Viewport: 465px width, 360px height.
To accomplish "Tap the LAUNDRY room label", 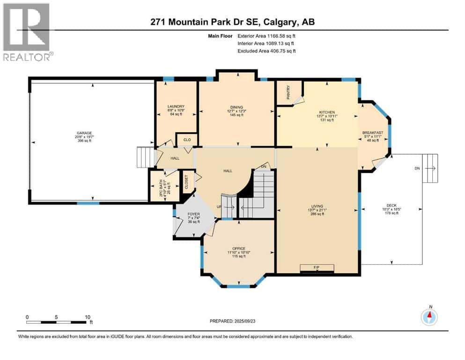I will click(176, 106).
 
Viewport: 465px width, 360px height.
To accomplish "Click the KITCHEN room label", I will click(327, 112).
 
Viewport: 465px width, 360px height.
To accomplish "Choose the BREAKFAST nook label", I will click(373, 133).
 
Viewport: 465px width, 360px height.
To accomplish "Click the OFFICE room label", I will click(239, 248).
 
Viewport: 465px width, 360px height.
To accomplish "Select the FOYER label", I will click(193, 214).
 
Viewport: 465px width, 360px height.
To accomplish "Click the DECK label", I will click(391, 205).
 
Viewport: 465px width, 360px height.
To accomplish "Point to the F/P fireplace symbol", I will click(317, 268).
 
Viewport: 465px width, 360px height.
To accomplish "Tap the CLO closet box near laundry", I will click(186, 140).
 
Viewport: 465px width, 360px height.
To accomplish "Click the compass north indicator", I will click(429, 316).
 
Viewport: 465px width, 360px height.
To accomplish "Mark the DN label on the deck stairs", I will click(417, 168).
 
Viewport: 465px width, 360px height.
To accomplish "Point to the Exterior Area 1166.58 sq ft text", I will click(266, 35).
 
